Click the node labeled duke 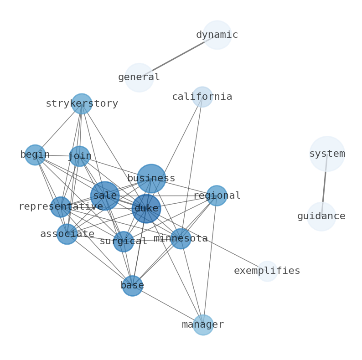(x=146, y=209)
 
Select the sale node (x=105, y=196)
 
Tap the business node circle (x=151, y=178)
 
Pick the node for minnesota (x=181, y=239)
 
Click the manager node (x=203, y=325)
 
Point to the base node (x=132, y=286)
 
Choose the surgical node (x=123, y=242)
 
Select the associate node (x=67, y=234)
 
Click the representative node (x=61, y=207)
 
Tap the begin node (x=35, y=155)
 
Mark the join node (x=79, y=156)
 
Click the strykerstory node (x=82, y=104)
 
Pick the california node (x=202, y=97)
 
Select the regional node (x=217, y=195)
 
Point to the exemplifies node (x=267, y=271)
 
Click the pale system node (x=327, y=154)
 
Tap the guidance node (x=321, y=216)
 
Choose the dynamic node (x=217, y=35)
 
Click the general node (x=139, y=77)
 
